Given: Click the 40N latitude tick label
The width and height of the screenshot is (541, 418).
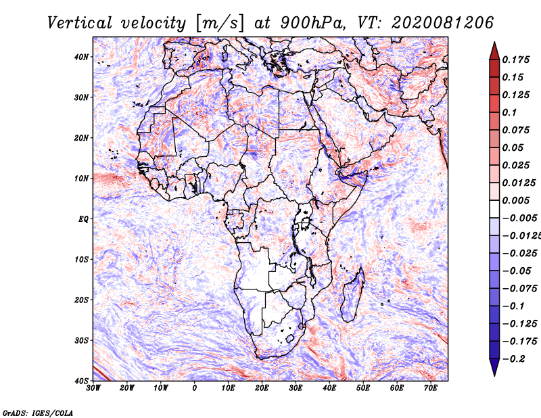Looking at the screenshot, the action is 80,57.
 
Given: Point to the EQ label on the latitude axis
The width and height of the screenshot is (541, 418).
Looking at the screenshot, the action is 83,219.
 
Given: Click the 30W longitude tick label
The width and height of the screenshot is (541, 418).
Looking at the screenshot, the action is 93,388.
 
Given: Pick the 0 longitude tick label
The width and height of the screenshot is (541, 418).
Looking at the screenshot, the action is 195,388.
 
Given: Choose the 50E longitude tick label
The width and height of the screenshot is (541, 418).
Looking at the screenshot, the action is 363,388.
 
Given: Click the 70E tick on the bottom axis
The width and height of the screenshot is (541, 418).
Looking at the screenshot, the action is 431,388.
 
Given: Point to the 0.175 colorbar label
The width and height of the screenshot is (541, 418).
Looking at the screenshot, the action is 515,60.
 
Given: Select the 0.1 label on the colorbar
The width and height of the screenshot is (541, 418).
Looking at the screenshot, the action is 510,112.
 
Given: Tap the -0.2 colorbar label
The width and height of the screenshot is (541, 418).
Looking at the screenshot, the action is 513,359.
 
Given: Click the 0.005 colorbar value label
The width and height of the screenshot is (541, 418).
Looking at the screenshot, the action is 515,200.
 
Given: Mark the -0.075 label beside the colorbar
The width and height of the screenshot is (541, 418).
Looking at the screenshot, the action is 519,289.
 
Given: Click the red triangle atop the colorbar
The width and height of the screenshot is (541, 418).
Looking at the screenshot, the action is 494,51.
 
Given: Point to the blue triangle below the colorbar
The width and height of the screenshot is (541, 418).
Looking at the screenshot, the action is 494,367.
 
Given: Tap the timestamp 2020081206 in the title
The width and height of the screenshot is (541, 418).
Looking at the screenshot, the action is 443,23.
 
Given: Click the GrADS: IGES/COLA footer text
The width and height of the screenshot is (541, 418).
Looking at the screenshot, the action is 38,413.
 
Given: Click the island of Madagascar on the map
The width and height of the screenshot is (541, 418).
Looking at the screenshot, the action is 352,295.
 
